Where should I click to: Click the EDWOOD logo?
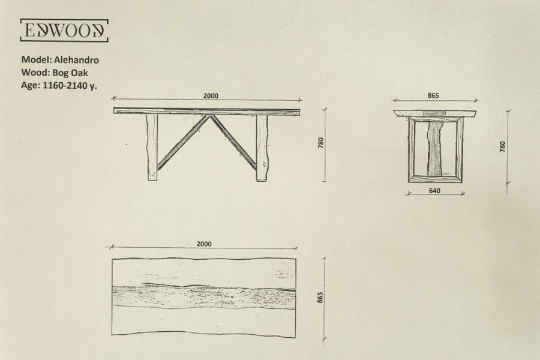pos(64,31)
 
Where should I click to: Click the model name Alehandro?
pos(76,60)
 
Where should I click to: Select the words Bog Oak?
pos(70,73)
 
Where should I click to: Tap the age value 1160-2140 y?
pos(70,85)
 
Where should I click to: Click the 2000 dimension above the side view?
pos(211,96)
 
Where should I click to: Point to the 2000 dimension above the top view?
pos(204,244)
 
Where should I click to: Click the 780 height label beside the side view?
pos(321,143)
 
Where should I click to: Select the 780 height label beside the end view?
pos(502,146)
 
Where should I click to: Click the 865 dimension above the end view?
pos(433,95)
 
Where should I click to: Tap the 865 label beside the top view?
pos(320,298)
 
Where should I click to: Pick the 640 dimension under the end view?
pos(434,191)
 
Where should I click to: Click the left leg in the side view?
pos(152,147)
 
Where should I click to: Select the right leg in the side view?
pos(262,148)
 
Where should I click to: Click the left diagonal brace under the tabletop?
pos(181,142)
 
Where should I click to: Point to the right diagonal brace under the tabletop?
pos(234,142)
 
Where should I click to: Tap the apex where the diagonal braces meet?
pos(209,115)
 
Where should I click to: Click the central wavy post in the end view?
pos(434,148)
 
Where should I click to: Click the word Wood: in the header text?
pos(36,73)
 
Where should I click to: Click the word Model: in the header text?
pos(37,59)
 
